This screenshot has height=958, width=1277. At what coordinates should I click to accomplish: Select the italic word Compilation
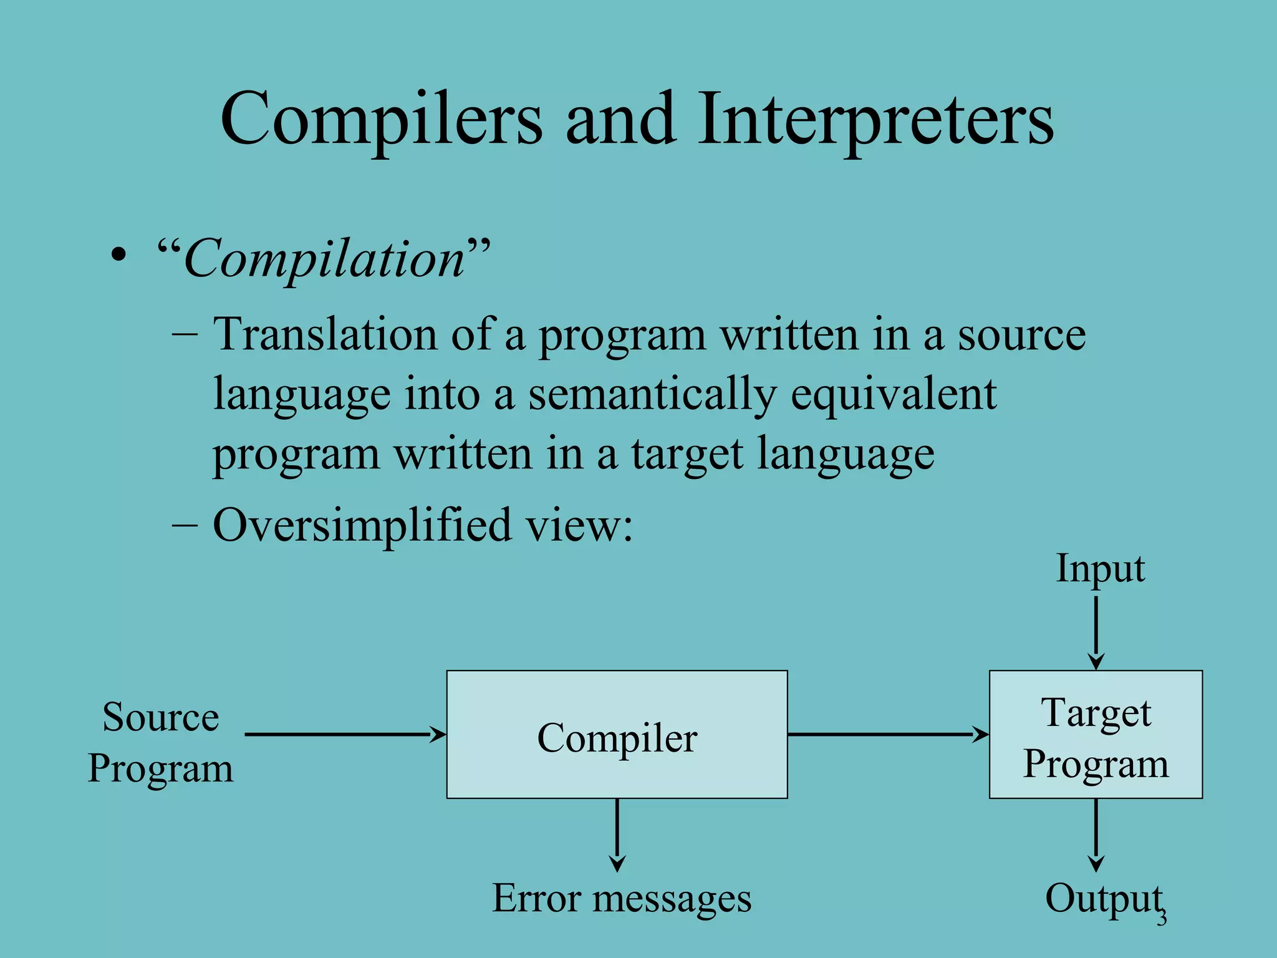click(324, 259)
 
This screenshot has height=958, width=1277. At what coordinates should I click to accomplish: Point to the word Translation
click(325, 335)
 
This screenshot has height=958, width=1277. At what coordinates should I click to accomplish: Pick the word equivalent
click(893, 395)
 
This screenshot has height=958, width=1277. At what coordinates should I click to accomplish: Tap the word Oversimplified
click(362, 525)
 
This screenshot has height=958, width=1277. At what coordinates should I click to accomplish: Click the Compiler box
click(617, 734)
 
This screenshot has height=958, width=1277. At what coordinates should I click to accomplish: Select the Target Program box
click(1096, 734)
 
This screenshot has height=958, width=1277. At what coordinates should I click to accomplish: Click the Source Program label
click(160, 742)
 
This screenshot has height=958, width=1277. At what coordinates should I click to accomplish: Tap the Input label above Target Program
click(1100, 569)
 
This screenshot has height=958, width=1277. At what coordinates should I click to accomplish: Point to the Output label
click(1102, 899)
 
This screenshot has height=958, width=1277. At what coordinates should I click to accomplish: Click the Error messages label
click(622, 899)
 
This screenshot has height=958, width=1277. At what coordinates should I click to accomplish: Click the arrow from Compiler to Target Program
click(888, 734)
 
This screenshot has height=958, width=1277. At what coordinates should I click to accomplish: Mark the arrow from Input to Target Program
click(1096, 632)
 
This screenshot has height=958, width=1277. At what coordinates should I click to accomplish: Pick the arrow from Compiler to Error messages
click(617, 835)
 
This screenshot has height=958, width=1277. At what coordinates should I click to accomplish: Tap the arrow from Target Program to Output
click(1096, 835)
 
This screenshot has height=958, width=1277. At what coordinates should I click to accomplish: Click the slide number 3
click(1162, 919)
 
